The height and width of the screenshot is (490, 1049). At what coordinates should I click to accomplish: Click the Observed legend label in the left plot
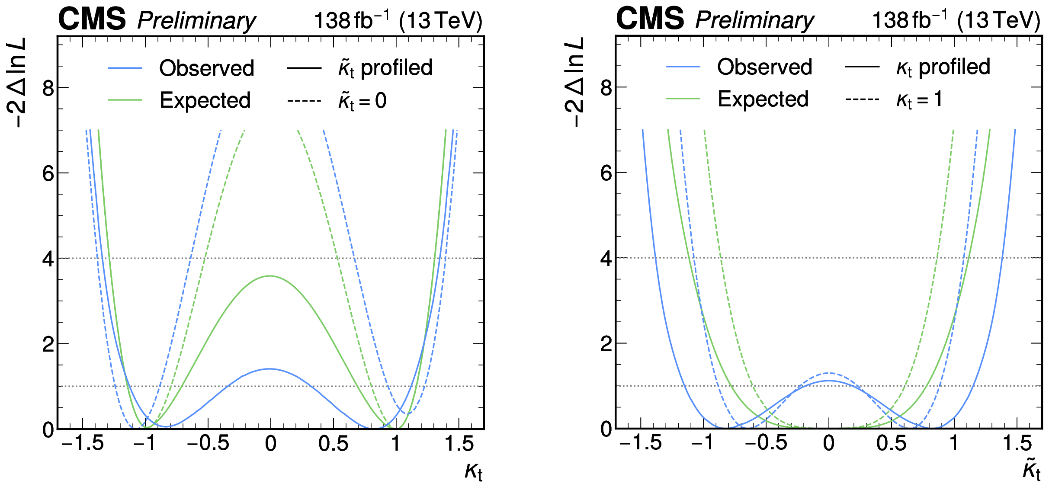pyautogui.click(x=206, y=68)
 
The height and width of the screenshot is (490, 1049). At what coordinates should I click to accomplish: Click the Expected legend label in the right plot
pyautogui.click(x=763, y=99)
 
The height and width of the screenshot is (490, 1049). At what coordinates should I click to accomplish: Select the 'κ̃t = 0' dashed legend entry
pyautogui.click(x=362, y=101)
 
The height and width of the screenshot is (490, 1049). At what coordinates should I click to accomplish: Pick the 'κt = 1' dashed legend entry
pyautogui.click(x=919, y=99)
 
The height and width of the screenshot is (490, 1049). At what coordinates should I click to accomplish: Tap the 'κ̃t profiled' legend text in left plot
pyautogui.click(x=385, y=68)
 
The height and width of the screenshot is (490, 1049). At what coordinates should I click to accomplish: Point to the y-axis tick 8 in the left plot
pyautogui.click(x=48, y=88)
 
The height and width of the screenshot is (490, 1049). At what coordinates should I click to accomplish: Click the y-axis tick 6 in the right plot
pyautogui.click(x=606, y=173)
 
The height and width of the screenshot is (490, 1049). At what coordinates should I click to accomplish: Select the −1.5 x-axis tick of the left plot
pyautogui.click(x=83, y=443)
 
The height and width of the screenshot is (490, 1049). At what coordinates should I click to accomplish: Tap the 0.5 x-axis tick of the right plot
pyautogui.click(x=891, y=443)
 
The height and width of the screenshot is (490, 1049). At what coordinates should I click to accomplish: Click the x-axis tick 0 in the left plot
pyautogui.click(x=271, y=443)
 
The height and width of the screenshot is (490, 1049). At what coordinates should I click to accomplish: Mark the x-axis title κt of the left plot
pyautogui.click(x=473, y=471)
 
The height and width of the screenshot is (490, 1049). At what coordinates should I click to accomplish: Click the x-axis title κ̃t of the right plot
pyautogui.click(x=1031, y=469)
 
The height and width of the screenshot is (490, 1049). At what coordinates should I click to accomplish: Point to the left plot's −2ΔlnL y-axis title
pyautogui.click(x=17, y=82)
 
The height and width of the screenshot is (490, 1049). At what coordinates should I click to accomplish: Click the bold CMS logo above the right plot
pyautogui.click(x=650, y=19)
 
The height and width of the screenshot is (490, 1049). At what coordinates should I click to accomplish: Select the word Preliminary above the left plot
pyautogui.click(x=196, y=21)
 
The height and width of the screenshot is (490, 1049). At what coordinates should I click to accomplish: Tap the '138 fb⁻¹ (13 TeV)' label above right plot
pyautogui.click(x=956, y=20)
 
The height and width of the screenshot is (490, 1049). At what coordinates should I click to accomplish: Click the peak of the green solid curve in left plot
pyautogui.click(x=270, y=276)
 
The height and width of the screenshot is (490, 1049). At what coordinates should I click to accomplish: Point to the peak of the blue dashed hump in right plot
pyautogui.click(x=828, y=373)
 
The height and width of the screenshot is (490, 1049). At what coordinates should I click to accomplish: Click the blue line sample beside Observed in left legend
pyautogui.click(x=125, y=68)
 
